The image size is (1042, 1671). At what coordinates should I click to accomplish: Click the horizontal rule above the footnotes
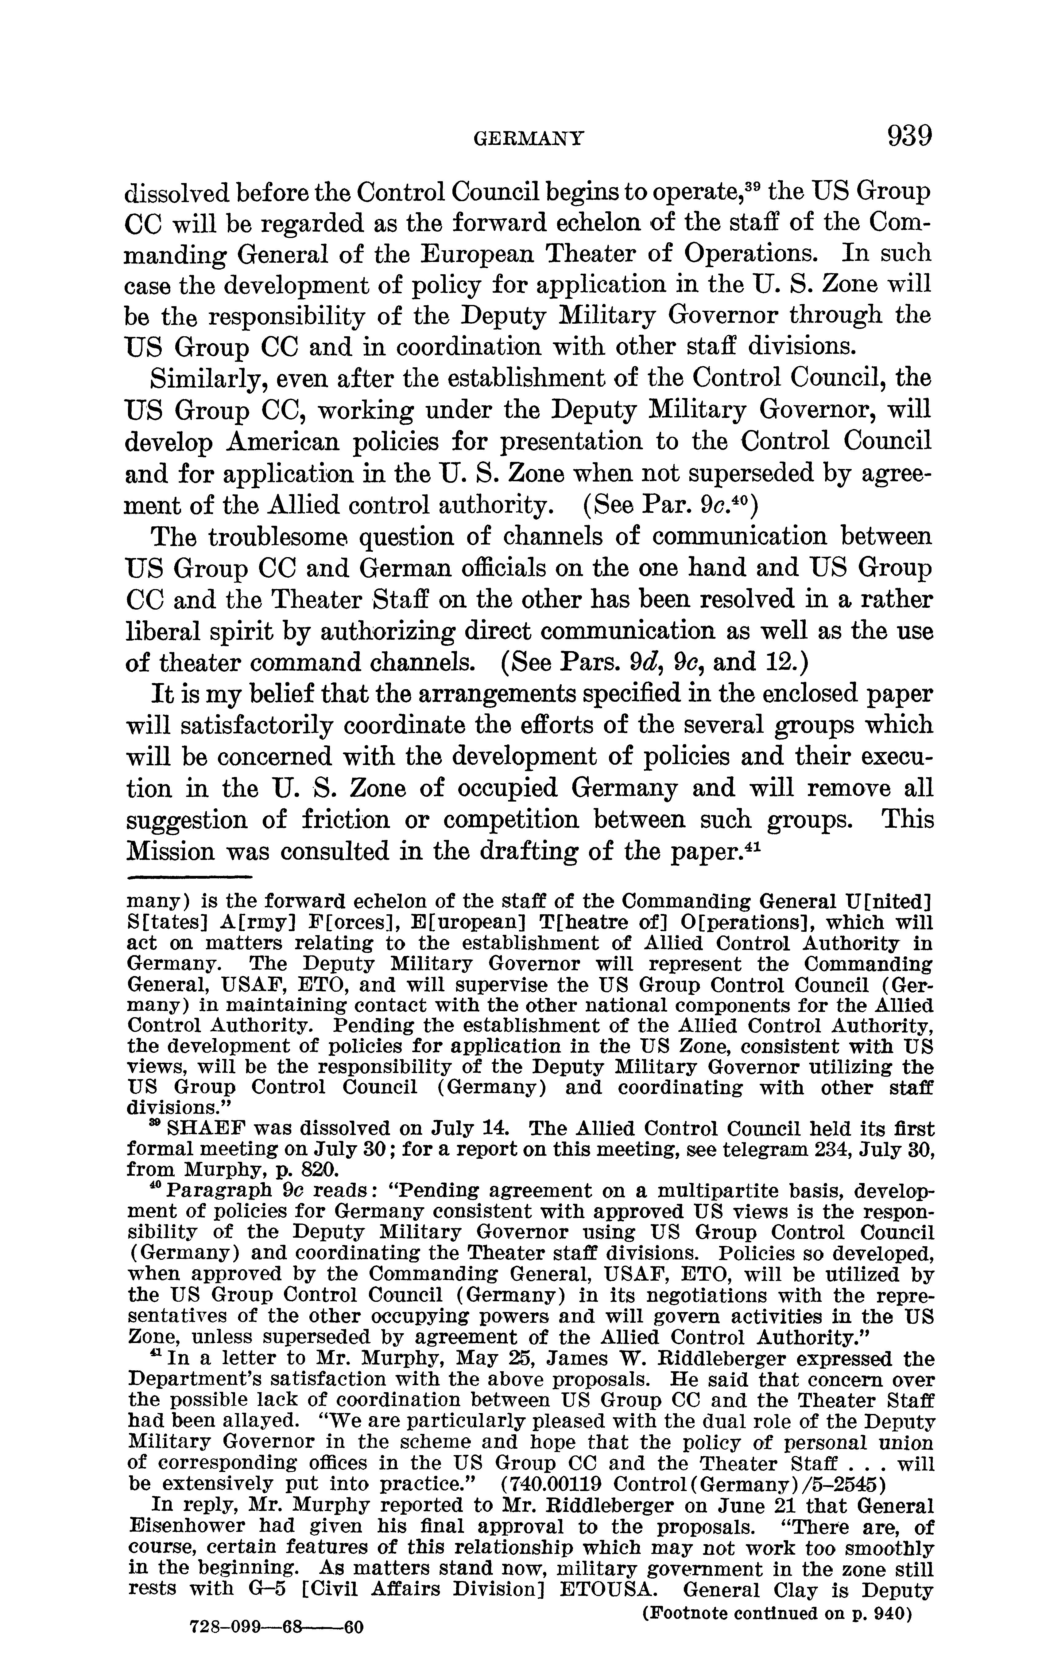[x=189, y=877]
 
